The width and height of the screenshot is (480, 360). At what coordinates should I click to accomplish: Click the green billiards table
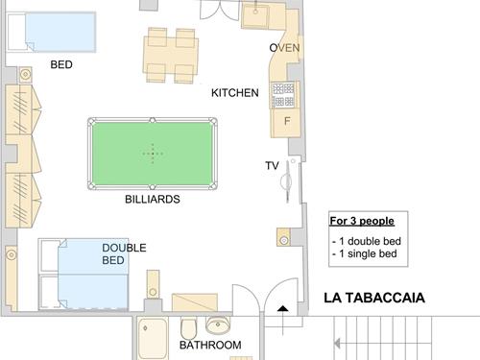153,154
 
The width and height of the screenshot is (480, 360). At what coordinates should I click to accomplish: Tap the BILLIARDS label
153,200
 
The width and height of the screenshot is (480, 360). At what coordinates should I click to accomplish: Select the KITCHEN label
235,93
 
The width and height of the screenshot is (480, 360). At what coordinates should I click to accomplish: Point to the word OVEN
284,48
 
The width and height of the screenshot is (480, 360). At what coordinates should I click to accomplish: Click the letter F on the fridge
287,121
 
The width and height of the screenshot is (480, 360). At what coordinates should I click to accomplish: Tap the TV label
272,166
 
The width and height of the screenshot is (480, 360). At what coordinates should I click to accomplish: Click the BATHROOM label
210,345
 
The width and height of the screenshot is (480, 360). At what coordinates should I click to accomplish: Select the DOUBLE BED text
124,253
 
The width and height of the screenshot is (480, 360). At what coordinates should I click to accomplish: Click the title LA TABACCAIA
374,298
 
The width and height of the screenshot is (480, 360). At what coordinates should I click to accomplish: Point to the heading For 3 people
362,221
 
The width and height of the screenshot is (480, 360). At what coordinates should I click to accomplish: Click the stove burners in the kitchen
283,95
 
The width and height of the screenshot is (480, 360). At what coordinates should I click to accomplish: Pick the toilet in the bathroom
188,328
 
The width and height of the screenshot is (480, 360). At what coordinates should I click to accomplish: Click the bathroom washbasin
218,324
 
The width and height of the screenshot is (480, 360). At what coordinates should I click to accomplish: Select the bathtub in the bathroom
153,339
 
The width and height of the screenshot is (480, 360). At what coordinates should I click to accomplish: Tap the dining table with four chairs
171,56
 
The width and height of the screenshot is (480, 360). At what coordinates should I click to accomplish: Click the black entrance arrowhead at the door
282,308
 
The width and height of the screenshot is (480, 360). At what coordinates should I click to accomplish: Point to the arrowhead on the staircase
337,344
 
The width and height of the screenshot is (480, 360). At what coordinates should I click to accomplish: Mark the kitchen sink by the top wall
255,15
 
